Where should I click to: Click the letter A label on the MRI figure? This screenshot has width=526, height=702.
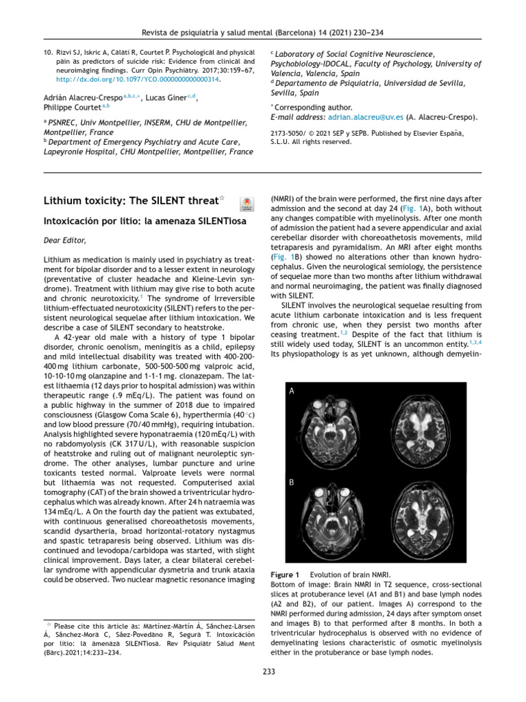[292, 391]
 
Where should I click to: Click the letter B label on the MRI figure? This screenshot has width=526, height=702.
[292, 483]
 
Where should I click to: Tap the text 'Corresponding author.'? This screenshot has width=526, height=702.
[313, 107]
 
